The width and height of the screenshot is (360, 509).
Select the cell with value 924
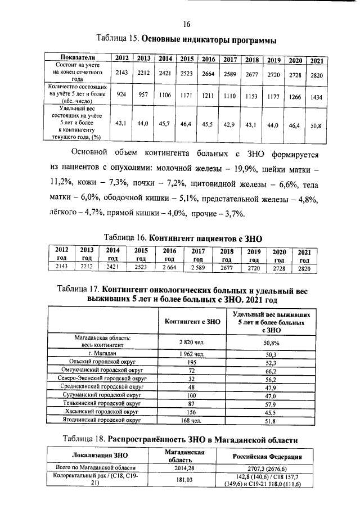click(x=120, y=94)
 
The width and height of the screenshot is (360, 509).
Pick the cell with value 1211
click(x=208, y=96)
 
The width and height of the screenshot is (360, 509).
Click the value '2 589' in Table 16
click(x=197, y=268)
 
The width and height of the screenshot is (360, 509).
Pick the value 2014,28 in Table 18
click(x=184, y=468)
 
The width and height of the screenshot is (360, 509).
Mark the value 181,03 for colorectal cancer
click(x=184, y=479)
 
